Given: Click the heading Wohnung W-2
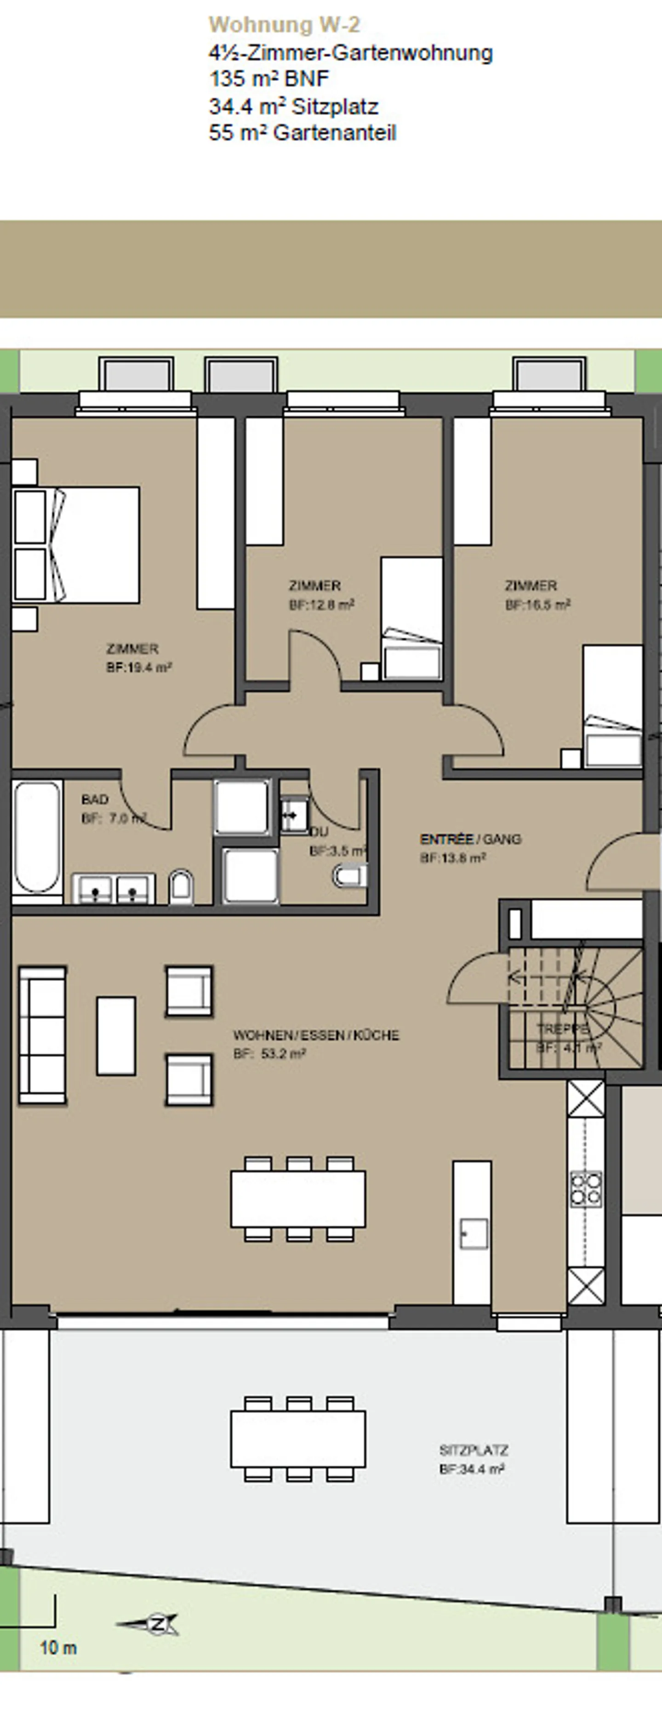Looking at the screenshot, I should click(x=284, y=25).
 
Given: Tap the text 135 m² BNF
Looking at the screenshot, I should click(x=269, y=79).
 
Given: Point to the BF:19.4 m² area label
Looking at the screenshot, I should click(x=139, y=667).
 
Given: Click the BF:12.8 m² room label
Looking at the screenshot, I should click(x=321, y=605).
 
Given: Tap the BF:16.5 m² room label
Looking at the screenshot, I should click(x=537, y=605).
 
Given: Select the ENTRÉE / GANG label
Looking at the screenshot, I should click(x=470, y=839).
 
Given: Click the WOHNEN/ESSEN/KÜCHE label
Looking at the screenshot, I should click(x=316, y=1035).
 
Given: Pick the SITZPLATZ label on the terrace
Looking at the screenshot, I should click(x=473, y=1450).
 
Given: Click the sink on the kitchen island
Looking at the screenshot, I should click(x=473, y=1233).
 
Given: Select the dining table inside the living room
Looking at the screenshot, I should click(x=298, y=1198).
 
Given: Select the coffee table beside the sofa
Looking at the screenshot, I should click(x=116, y=1035).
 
